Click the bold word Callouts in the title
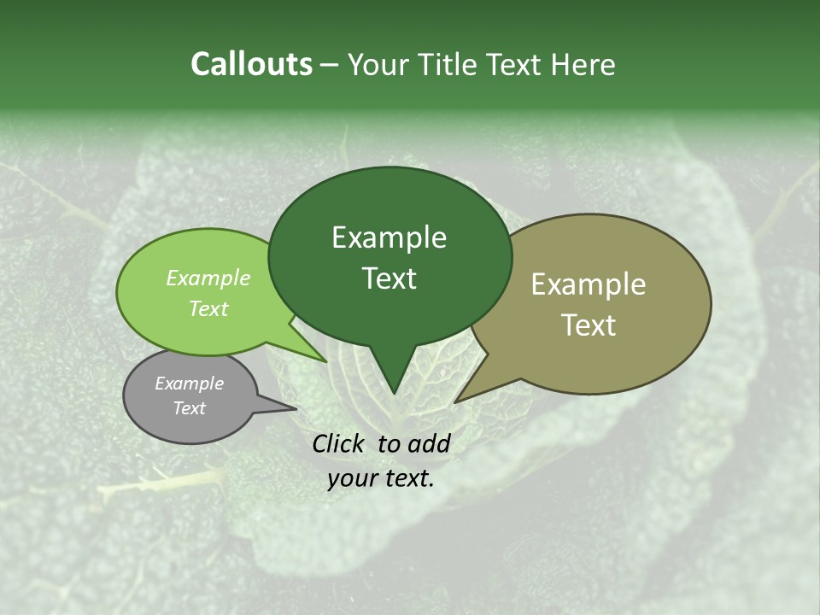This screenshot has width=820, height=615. click(x=252, y=65)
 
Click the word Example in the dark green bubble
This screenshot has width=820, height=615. click(x=389, y=237)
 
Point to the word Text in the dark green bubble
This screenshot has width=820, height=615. click(x=389, y=278)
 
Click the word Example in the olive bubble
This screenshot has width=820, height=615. click(x=589, y=284)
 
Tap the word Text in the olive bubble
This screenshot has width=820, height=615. click(x=589, y=325)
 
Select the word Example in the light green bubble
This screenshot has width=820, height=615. click(x=208, y=278)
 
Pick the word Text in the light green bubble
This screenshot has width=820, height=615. click(x=208, y=308)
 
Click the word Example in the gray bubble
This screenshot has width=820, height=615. click(x=189, y=384)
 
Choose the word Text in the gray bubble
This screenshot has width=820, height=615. click(x=189, y=408)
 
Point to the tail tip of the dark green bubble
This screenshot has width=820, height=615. click(x=393, y=392)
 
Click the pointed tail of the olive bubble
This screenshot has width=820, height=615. click(x=458, y=401)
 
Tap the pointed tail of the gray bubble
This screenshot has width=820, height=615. click(x=294, y=408)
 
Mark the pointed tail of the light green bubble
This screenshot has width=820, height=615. click(x=325, y=360)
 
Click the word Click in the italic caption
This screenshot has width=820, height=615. click(x=339, y=443)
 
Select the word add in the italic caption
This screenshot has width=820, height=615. click(x=430, y=443)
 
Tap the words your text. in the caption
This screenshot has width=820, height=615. click(x=381, y=478)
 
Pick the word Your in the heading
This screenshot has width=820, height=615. click(x=376, y=65)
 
